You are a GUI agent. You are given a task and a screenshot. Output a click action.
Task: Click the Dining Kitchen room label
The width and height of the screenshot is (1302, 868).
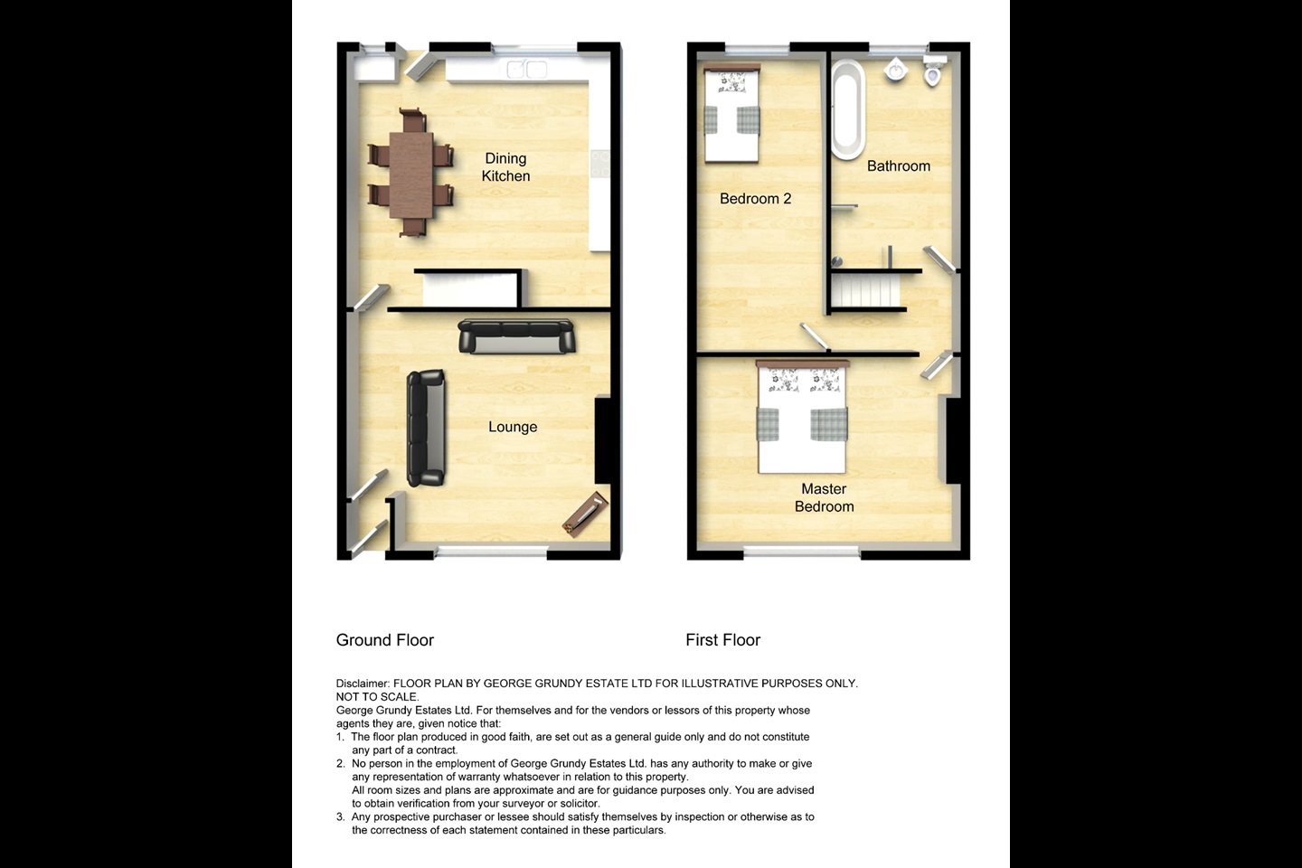pos(505,167)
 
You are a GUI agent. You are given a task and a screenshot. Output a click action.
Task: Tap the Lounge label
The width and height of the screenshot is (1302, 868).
pos(513,427)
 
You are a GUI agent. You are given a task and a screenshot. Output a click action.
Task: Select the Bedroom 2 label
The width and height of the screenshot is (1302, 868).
pos(755,199)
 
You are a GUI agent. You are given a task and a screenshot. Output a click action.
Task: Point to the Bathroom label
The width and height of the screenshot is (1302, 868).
pos(898,166)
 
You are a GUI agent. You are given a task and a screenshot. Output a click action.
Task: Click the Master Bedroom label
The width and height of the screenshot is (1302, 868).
pos(824,498)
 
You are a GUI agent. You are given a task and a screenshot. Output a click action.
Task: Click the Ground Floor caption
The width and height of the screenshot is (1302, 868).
pos(385,640)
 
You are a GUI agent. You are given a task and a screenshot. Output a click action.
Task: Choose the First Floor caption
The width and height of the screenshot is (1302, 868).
pos(722,640)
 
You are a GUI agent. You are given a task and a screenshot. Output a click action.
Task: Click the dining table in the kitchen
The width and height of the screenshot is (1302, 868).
pos(411,174)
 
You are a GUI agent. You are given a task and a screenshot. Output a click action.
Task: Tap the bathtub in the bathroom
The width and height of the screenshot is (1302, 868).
pos(847,109)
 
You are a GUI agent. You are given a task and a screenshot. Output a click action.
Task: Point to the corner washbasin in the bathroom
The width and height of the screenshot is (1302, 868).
pos(895,70)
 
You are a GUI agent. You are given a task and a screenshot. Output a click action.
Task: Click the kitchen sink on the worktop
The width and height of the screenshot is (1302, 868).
pos(526,70)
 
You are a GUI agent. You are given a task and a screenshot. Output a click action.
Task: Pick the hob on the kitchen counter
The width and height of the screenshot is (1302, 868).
pos(599,164)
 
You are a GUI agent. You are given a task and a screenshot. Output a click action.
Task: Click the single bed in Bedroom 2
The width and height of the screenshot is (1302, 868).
pos(731,115)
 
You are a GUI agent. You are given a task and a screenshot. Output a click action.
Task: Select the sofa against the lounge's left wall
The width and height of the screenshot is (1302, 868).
pos(427,428)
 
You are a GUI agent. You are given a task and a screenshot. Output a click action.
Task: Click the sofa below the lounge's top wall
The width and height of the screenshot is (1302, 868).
pos(516,336)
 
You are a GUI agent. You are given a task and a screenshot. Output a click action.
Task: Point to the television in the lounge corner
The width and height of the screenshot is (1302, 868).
pos(585,514)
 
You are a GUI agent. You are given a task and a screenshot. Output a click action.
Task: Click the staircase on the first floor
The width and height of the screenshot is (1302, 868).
pos(866,291)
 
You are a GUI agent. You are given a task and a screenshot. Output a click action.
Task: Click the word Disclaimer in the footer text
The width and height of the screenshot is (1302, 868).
pos(363,684)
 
